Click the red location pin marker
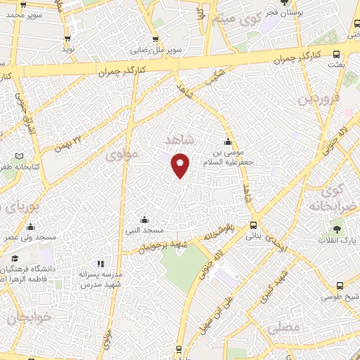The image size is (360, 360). tap(181, 164)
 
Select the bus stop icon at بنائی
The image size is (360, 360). tap(253, 225)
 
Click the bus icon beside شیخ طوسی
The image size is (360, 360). tap(340, 285)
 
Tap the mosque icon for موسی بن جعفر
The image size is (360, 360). tap(228, 141)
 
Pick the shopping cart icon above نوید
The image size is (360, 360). tap(67, 39)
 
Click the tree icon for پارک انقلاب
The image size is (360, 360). tap(337, 229)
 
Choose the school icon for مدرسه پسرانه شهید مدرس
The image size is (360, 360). tap(100, 263)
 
